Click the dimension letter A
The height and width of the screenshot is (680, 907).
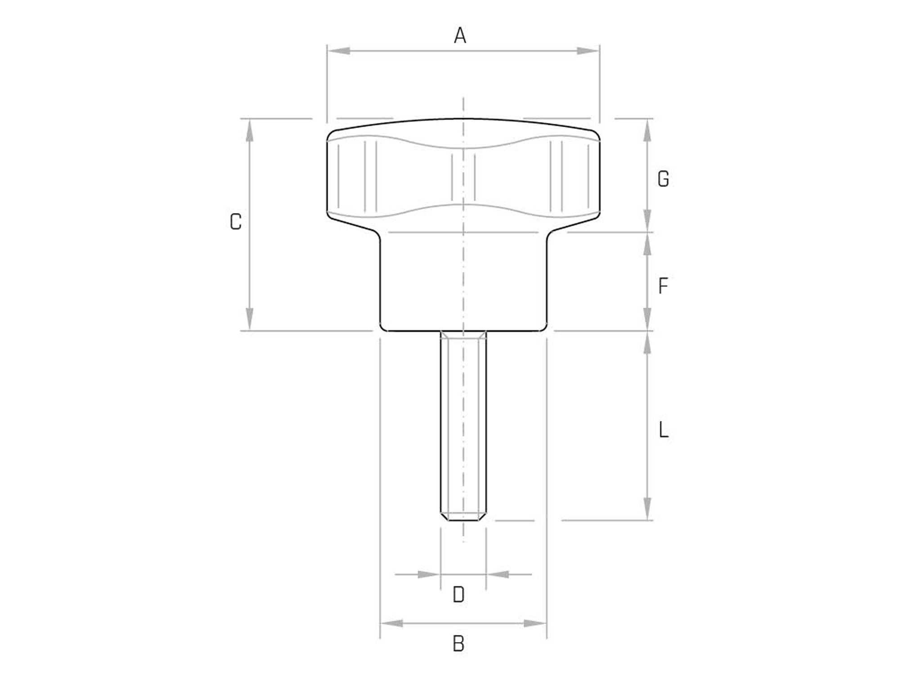pos(460,36)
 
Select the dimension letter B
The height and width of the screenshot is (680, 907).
pos(458,644)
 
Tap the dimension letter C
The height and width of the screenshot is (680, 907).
pos(235,222)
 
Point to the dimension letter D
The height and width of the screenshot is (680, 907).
pos(458,595)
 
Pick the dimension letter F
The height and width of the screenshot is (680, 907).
pos(663,286)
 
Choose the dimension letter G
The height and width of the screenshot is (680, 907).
pos(663,179)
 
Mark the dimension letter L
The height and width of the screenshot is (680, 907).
pos(663,430)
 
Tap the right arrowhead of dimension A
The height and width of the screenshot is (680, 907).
pos(588,51)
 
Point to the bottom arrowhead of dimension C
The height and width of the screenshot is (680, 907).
pos(250,319)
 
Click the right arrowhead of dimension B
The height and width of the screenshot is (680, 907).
pos(535,623)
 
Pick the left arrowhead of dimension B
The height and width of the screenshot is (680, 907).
pos(392,623)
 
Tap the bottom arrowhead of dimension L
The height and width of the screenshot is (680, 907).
pos(647,509)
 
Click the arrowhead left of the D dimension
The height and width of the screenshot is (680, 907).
pos(429,574)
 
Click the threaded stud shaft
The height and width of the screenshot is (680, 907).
pos(463,423)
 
